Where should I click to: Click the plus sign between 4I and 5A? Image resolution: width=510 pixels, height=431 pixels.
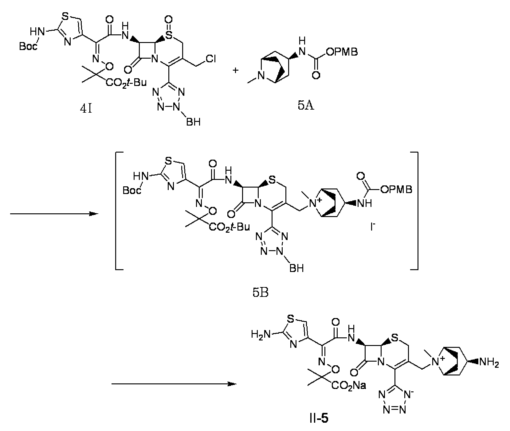pos(236,70)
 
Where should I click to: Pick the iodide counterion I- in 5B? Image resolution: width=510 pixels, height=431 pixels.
pos(373,227)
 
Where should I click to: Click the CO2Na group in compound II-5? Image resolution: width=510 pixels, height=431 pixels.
pos(348,385)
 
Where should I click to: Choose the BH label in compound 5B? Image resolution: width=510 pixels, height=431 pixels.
pos(296,268)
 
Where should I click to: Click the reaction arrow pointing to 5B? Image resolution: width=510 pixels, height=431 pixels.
pos(54,214)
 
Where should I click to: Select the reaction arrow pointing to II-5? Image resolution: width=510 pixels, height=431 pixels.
pos(174,384)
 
